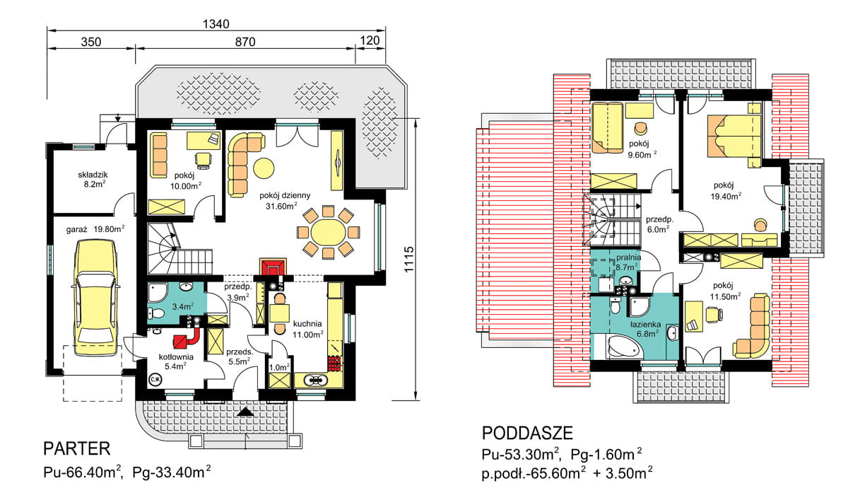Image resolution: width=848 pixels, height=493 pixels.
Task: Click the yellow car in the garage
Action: tap(96, 298)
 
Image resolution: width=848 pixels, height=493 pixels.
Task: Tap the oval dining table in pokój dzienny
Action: tap(328, 232)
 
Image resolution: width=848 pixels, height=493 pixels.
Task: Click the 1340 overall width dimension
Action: tap(216, 24)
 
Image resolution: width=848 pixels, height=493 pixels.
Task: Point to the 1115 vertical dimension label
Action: tap(409, 260)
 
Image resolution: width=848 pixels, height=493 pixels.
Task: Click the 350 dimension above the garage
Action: tap(91, 42)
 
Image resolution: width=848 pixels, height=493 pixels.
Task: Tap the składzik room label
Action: tap(93, 175)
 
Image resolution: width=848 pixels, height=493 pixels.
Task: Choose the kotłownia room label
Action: tap(176, 356)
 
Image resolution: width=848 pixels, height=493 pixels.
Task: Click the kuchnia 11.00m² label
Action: tap(308, 329)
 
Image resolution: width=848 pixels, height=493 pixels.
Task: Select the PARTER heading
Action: tap(77, 448)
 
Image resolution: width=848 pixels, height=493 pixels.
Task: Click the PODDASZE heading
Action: tap(527, 433)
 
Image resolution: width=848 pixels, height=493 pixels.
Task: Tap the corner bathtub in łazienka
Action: tap(625, 347)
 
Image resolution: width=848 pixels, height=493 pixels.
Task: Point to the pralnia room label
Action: tap(628, 257)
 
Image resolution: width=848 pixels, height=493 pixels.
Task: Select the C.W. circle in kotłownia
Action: tap(155, 379)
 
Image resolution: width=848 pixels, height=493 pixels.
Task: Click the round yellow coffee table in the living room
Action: tap(264, 168)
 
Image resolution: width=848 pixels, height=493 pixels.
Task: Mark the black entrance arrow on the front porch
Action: tap(245, 412)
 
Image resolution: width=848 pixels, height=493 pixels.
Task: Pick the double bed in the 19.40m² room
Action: tap(734, 136)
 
